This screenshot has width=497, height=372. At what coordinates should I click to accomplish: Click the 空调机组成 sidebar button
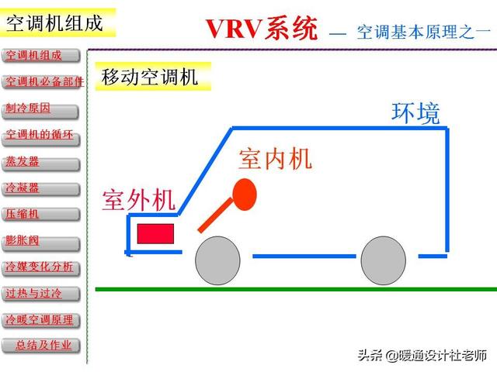[x=42, y=56]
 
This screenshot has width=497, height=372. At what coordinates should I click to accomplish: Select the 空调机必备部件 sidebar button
[x=42, y=82]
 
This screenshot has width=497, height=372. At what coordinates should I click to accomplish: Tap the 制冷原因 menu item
[x=42, y=108]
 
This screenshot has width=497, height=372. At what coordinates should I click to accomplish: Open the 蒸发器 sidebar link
[x=42, y=162]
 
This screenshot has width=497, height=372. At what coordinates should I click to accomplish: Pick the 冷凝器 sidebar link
[x=42, y=188]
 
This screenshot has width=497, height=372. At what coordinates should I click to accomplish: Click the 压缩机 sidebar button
[x=42, y=215]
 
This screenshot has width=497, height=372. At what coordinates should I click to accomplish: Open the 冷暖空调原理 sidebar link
[x=42, y=320]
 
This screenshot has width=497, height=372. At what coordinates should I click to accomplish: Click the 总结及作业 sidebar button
[x=42, y=346]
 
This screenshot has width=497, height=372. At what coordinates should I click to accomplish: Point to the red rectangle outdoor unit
[x=155, y=232]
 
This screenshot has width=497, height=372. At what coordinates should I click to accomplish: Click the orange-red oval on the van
[x=245, y=194]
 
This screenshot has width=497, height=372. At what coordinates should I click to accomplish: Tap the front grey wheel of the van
[x=217, y=260]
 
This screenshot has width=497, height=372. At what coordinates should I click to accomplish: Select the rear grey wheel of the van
[x=384, y=260]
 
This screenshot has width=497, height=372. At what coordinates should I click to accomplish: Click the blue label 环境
[x=415, y=113]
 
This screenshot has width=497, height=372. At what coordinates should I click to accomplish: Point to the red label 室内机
[x=275, y=159]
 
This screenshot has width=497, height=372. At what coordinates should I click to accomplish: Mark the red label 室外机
[x=139, y=200]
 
